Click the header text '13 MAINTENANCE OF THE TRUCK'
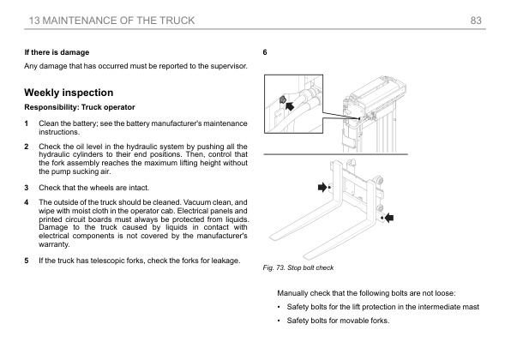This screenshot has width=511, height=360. click(111, 20)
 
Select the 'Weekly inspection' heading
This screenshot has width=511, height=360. click(69, 92)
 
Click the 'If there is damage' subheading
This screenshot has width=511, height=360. click(57, 52)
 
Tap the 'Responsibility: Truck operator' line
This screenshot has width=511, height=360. click(75, 107)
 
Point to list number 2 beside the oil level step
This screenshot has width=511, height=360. click(27, 146)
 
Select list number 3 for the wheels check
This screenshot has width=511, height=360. click(27, 187)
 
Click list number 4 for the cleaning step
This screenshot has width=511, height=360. click(27, 202)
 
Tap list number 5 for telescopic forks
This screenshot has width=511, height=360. click(27, 260)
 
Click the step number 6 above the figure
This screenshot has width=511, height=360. click(266, 52)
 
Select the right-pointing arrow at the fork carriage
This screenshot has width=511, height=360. click(322, 185)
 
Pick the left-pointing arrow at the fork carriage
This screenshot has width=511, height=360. click(390, 218)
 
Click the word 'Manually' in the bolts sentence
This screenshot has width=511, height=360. click(284, 293)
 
